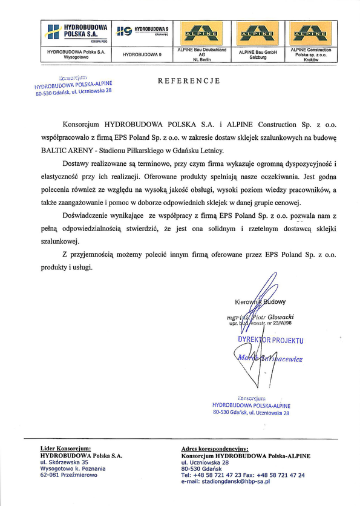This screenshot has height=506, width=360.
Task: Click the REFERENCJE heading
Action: click(x=188, y=81)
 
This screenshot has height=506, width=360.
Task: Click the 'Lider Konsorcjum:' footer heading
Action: click(x=65, y=448)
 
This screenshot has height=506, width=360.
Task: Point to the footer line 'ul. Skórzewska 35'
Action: click(x=64, y=462)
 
